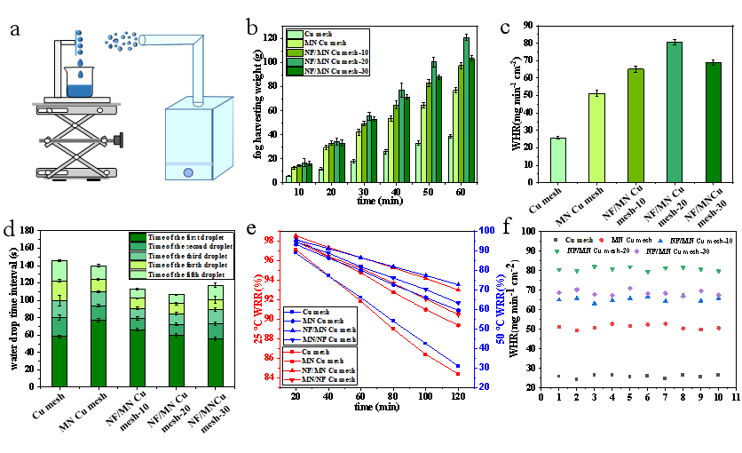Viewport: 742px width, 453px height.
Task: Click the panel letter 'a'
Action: (14, 29)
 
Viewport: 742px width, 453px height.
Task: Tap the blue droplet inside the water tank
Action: (188, 172)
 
